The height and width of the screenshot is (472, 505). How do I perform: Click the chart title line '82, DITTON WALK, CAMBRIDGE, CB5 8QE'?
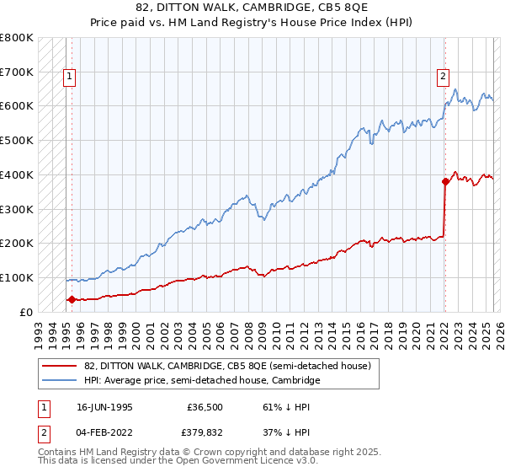(x=252, y=8)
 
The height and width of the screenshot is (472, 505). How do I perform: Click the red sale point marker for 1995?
(x=72, y=299)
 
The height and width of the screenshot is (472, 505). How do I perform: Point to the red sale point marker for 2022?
(x=445, y=180)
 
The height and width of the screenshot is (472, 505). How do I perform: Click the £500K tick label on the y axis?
(x=17, y=140)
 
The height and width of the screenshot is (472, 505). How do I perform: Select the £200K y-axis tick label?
(x=17, y=243)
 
